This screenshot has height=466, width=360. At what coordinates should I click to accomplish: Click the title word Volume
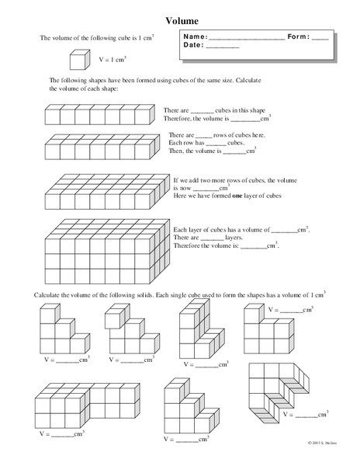pyautogui.click(x=182, y=22)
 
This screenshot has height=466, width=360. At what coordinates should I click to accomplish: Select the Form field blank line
pyautogui.click(x=319, y=37)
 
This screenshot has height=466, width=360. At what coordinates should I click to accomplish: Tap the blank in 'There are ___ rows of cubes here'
pyautogui.click(x=202, y=135)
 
